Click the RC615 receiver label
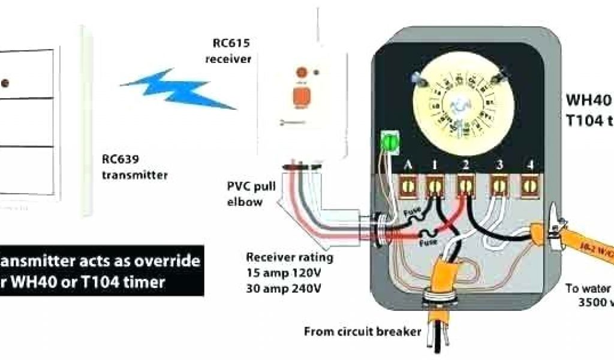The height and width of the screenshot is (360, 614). (228, 51)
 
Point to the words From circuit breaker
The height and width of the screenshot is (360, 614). (363, 331)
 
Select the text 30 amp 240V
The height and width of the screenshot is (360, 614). (284, 287)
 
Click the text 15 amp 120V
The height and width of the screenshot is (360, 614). (284, 272)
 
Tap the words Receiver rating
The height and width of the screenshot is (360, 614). (290, 257)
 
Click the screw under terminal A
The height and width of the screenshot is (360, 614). (408, 185)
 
